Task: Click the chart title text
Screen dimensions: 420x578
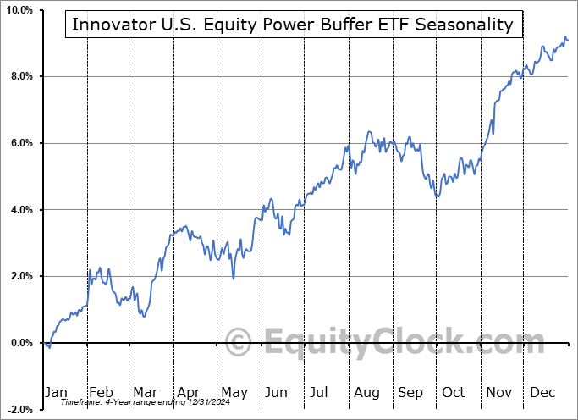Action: point(292,25)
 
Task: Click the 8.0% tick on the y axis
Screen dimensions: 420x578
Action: point(21,77)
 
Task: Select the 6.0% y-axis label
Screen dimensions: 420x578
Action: point(21,143)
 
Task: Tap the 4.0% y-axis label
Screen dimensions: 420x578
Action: point(21,210)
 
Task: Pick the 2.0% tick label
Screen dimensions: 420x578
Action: point(21,276)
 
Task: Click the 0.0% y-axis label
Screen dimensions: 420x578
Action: point(21,343)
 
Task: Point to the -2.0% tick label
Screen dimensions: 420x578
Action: point(19,409)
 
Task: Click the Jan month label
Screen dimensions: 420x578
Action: point(56,392)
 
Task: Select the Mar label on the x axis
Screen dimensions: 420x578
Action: point(145,392)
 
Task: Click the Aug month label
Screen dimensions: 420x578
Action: point(366,392)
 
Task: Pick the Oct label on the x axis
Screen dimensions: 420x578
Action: point(454,392)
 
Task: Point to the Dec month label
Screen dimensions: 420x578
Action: point(542,392)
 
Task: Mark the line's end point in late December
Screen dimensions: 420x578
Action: point(568,40)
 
